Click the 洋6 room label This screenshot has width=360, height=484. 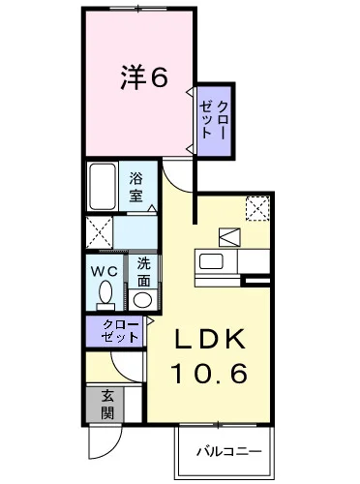[x=144, y=77]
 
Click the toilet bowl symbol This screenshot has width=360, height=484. [x=105, y=294]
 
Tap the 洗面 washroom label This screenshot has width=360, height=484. [x=142, y=272]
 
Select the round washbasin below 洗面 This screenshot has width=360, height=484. [x=142, y=299]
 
